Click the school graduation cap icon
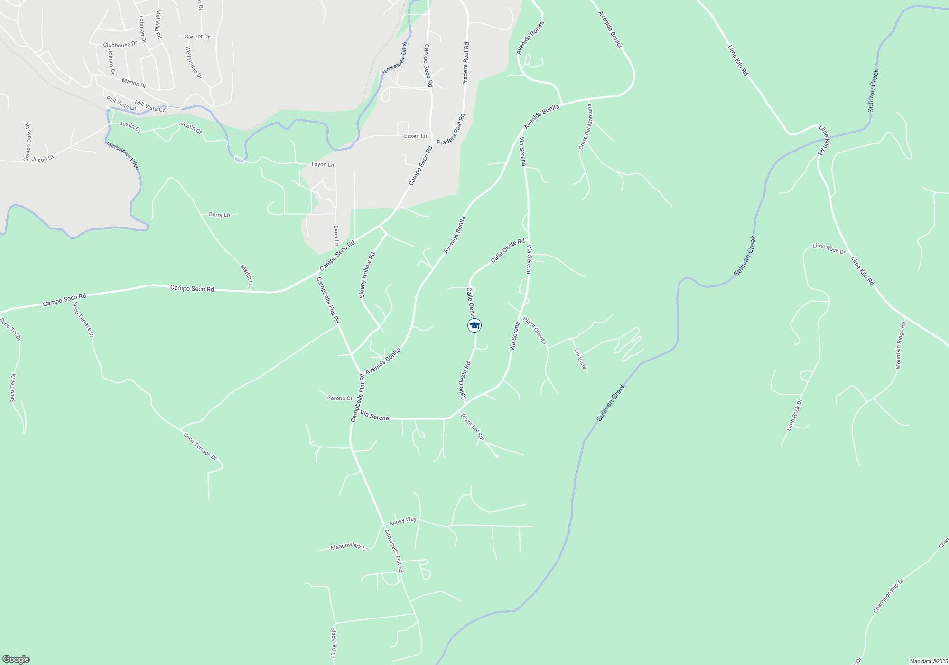pyautogui.click(x=474, y=325)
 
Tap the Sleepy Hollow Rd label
pyautogui.click(x=367, y=275)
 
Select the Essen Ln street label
pyautogui.click(x=415, y=136)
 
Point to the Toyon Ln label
pyautogui.click(x=322, y=164)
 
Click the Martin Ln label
pyautogui.click(x=246, y=275)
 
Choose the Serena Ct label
pyautogui.click(x=340, y=398)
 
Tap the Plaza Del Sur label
pyautogui.click(x=473, y=427)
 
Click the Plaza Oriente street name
pyautogui.click(x=535, y=330)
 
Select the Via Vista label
pyautogui.click(x=580, y=359)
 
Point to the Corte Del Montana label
pyautogui.click(x=586, y=127)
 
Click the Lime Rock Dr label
pyautogui.click(x=829, y=248)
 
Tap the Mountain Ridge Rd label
pyautogui.click(x=901, y=345)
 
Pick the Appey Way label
pyautogui.click(x=403, y=521)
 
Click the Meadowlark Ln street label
pyautogui.click(x=350, y=547)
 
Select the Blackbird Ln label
pyautogui.click(x=333, y=643)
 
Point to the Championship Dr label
pyautogui.click(x=889, y=596)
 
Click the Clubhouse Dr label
pyautogui.click(x=120, y=45)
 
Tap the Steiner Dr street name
pyautogui.click(x=197, y=37)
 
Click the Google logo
pyautogui.click(x=16, y=659)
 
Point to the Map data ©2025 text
pyautogui.click(x=928, y=661)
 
